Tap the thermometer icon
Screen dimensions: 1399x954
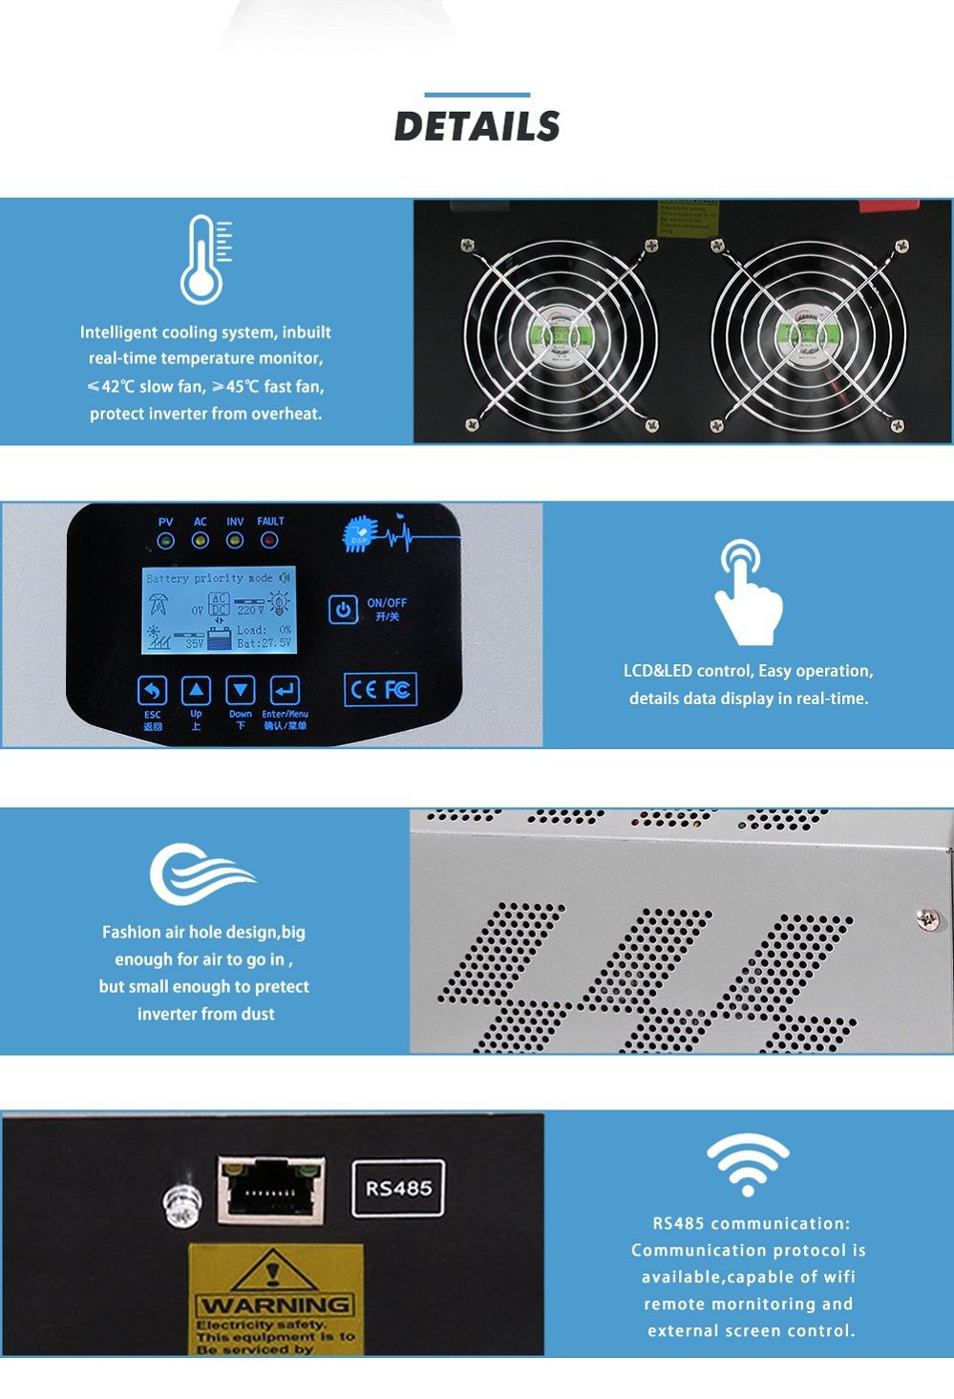[204, 259]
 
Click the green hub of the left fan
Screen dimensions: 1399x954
[558, 336]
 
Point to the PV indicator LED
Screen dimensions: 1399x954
[166, 541]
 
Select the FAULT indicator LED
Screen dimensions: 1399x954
[269, 541]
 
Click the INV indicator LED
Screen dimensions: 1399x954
[235, 541]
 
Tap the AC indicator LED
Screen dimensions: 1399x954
[200, 541]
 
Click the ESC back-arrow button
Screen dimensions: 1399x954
[153, 690]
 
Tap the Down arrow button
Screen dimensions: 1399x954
[240, 690]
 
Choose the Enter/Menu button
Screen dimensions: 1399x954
[285, 690]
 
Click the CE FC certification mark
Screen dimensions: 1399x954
[380, 689]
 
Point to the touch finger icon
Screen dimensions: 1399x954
[748, 592]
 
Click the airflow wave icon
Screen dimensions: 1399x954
[201, 872]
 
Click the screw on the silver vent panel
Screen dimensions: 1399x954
[926, 918]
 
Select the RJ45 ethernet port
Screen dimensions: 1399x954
[271, 1189]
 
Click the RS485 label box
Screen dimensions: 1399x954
[398, 1189]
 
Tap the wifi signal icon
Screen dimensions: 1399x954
[748, 1164]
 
